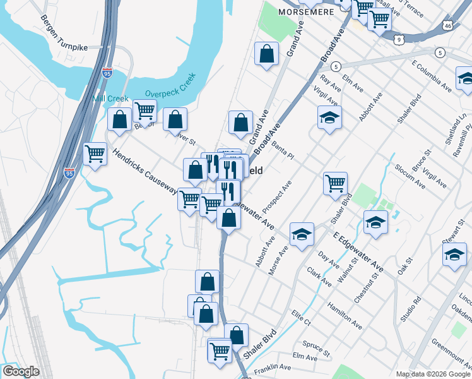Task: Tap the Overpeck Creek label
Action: (x=170, y=85)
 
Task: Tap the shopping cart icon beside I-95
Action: (x=95, y=153)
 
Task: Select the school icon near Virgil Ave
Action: (x=329, y=117)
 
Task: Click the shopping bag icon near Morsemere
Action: (x=267, y=54)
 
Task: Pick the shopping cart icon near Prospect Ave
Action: (x=335, y=184)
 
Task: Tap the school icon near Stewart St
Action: (x=454, y=255)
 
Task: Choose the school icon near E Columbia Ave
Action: (x=466, y=78)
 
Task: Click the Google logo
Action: (x=21, y=371)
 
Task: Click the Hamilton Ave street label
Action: (x=344, y=316)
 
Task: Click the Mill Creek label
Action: (x=110, y=99)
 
